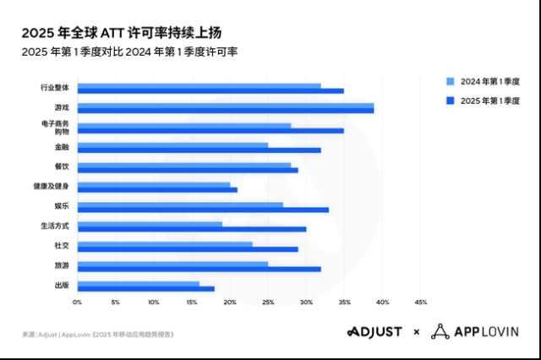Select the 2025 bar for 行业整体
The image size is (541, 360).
[210, 90]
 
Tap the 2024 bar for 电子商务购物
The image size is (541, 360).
[183, 125]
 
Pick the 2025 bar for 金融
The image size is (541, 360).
[199, 150]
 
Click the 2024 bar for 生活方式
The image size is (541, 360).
[150, 224]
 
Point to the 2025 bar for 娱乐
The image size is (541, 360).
[203, 209]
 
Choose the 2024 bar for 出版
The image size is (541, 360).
[138, 283]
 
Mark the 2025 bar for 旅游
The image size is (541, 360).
[199, 269]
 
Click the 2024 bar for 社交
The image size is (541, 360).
[165, 244]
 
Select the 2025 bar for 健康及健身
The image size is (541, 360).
[157, 189]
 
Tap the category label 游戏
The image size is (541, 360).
[62, 107]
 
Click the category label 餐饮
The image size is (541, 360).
[62, 166]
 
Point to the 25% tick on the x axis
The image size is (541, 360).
[268, 302]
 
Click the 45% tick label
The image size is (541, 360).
[420, 302]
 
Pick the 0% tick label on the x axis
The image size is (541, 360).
[77, 302]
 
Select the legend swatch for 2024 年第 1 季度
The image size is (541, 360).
[450, 81]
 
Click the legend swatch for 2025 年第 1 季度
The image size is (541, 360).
[450, 101]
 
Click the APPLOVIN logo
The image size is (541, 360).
[474, 331]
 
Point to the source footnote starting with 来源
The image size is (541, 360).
[98, 335]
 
